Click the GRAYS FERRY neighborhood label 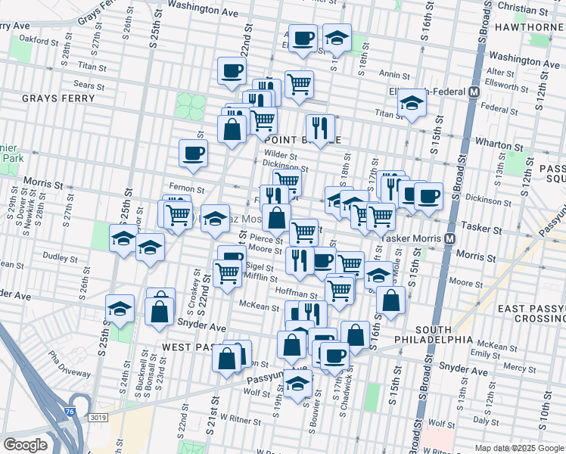click(x=58, y=98)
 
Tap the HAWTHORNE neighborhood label click(x=529, y=27)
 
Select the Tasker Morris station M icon click(x=450, y=238)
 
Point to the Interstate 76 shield click(x=70, y=411)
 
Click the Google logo click(x=26, y=445)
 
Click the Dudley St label click(x=56, y=257)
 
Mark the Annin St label click(x=394, y=75)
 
